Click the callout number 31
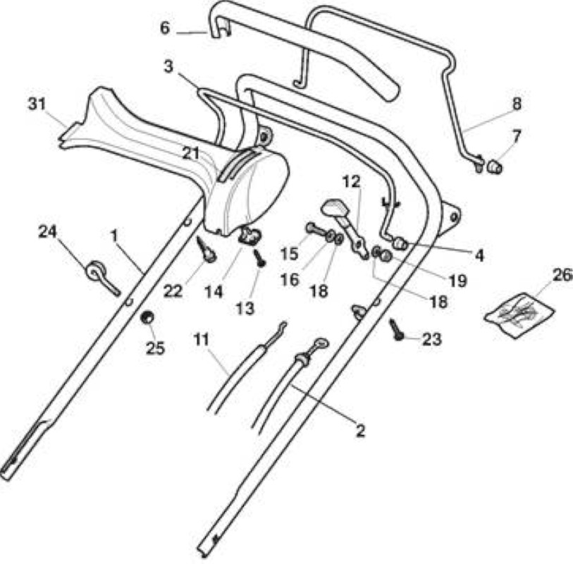click(37, 104)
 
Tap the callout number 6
click(165, 28)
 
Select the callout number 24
click(47, 231)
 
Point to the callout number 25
click(155, 348)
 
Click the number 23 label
click(432, 339)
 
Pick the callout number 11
click(202, 340)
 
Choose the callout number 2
click(360, 431)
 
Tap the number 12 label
click(352, 182)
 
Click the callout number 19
click(457, 281)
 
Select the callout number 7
click(516, 137)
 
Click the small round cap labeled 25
click(147, 317)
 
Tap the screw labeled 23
click(396, 330)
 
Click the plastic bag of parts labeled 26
click(519, 315)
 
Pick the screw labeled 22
click(206, 250)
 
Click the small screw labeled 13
click(260, 258)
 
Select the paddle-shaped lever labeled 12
click(345, 225)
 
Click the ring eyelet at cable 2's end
click(321, 343)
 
